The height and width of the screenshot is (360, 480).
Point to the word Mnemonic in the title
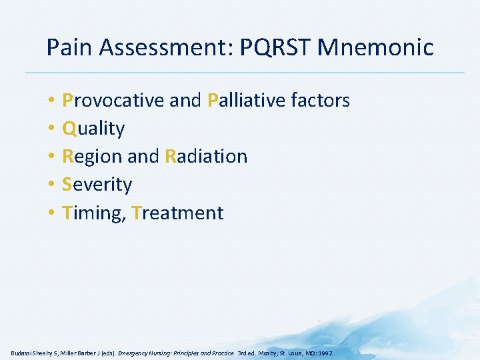coord(377,47)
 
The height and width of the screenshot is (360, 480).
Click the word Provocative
coord(113,100)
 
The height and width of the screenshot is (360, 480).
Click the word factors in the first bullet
coord(320,100)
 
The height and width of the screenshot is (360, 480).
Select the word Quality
coord(93,128)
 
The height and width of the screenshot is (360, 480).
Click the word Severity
coord(97,185)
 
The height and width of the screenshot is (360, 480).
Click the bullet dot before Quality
coord(51,129)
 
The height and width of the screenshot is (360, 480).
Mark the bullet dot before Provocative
coord(51,101)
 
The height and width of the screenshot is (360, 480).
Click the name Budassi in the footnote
coord(23,351)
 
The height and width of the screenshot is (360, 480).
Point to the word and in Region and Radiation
coord(143,157)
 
